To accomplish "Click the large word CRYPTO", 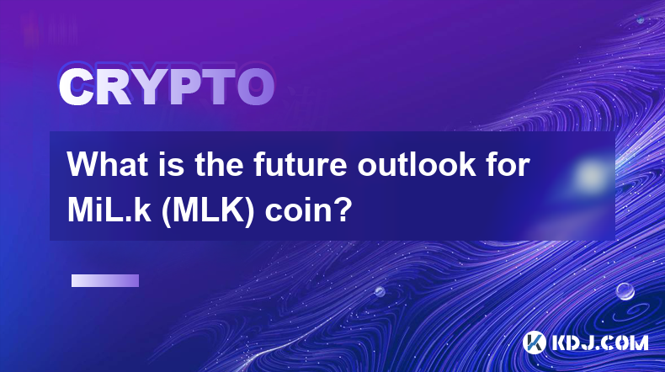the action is (x=167, y=87).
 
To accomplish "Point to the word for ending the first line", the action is (x=509, y=165).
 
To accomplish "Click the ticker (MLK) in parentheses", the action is (x=208, y=211).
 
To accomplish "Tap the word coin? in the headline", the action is (x=308, y=211).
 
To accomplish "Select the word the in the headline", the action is (x=219, y=165).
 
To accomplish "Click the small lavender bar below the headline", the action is (x=105, y=280).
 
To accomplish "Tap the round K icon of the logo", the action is (x=535, y=343).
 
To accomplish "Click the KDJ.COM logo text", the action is (x=599, y=343).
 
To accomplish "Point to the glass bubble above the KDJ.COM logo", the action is (x=625, y=291).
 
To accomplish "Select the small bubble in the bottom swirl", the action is (x=380, y=291).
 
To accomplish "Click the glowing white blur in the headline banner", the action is (x=590, y=175).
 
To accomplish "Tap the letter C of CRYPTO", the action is (x=76, y=87).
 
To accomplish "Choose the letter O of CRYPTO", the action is (x=256, y=87).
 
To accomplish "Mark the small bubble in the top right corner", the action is (x=641, y=20).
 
